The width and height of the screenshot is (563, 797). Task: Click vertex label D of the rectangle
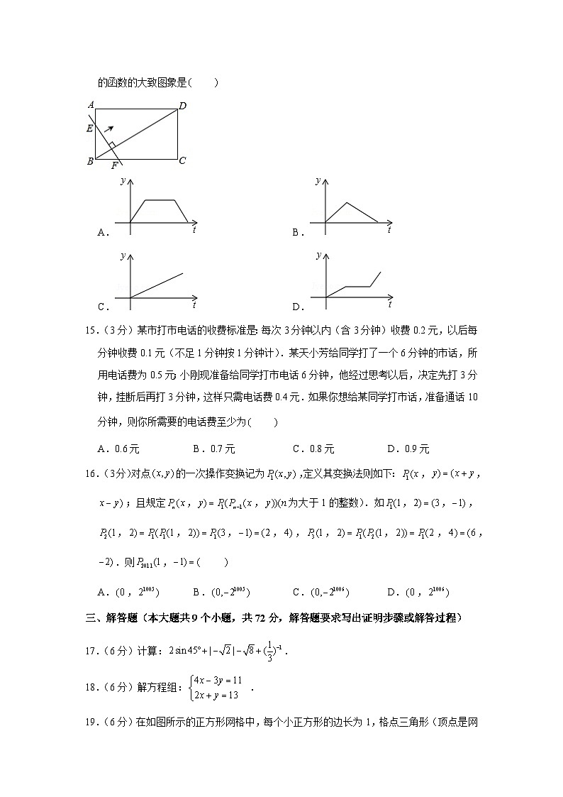tap(182, 106)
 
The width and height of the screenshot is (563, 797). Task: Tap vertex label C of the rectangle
tap(182, 160)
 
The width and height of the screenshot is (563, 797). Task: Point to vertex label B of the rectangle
tap(90, 161)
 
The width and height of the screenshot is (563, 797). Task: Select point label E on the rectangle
tap(89, 128)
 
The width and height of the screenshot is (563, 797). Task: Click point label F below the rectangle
tap(114, 167)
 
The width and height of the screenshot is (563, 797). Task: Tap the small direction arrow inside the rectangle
tap(108, 128)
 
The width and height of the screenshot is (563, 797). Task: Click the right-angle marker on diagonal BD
tap(112, 145)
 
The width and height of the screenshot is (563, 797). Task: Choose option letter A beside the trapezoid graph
tap(102, 232)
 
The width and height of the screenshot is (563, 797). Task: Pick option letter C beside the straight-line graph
tap(102, 307)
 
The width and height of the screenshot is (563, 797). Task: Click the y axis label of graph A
tap(123, 181)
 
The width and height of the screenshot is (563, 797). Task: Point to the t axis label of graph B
tap(389, 230)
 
